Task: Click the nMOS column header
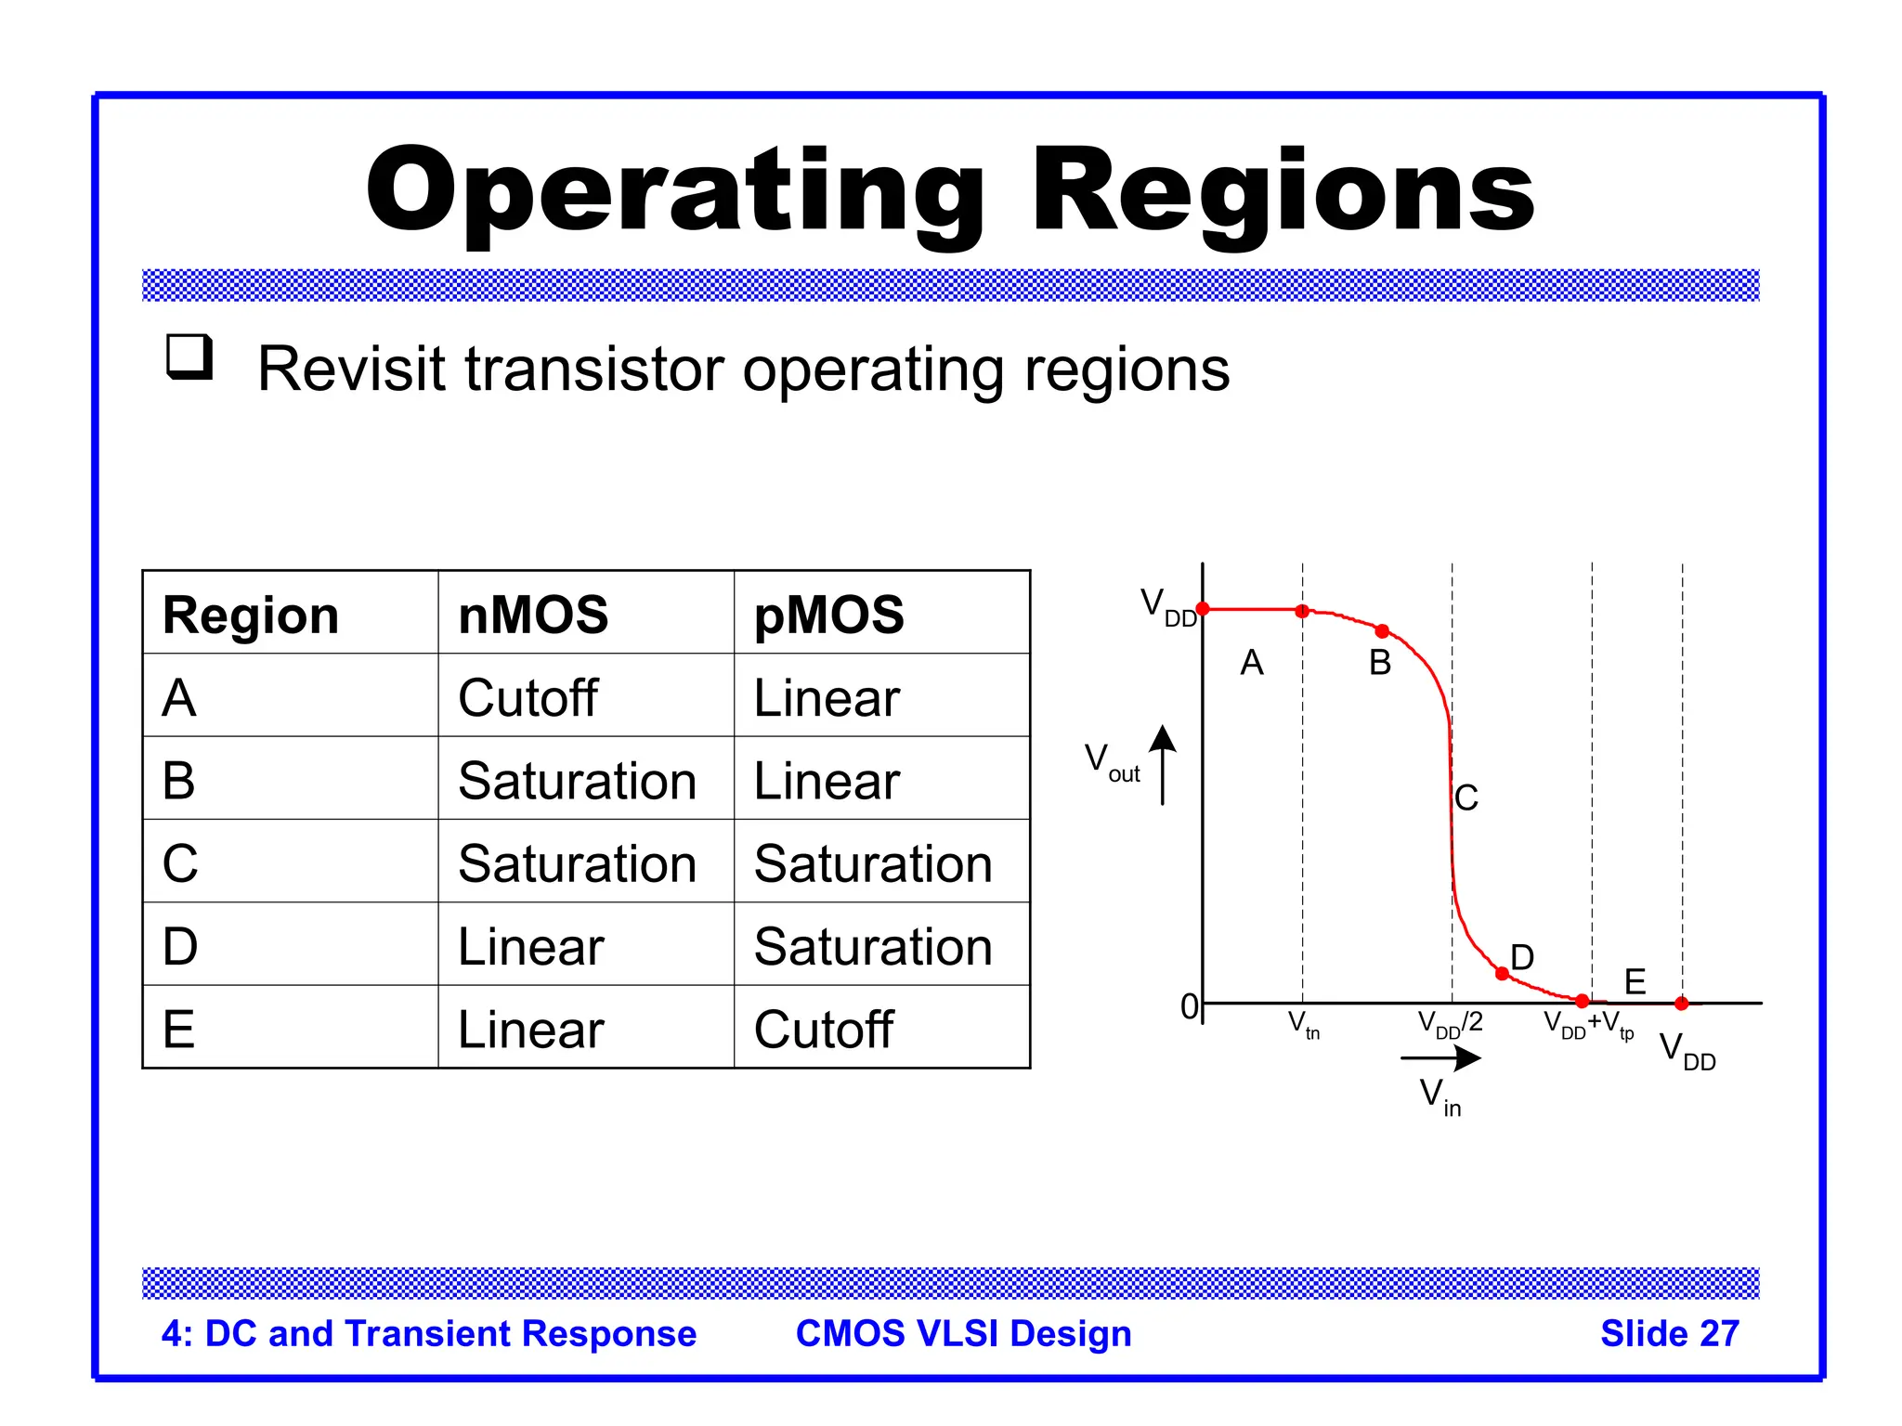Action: click(533, 615)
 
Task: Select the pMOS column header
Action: click(828, 615)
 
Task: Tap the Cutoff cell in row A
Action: click(528, 698)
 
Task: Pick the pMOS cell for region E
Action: click(823, 1030)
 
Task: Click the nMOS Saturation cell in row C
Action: click(577, 863)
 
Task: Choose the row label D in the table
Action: click(180, 947)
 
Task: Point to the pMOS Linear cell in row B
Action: click(827, 781)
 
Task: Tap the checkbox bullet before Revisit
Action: click(189, 357)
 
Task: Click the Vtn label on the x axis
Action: click(1303, 1025)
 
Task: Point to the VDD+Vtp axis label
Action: click(1588, 1025)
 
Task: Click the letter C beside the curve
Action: click(1466, 797)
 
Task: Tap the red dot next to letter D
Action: click(1502, 973)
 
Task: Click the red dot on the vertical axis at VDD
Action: click(1203, 609)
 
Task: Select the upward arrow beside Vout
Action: click(1163, 763)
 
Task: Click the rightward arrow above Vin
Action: click(1440, 1057)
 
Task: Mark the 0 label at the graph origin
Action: click(1189, 1006)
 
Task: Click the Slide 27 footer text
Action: click(1669, 1333)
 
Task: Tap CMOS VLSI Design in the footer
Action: click(963, 1333)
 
